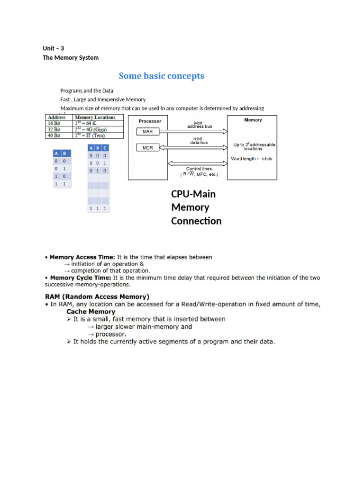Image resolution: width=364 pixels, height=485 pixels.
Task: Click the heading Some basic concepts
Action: click(x=161, y=76)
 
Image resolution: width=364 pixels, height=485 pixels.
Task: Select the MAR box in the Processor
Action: click(x=148, y=131)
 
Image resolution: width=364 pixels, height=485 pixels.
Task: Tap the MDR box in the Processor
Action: click(x=148, y=148)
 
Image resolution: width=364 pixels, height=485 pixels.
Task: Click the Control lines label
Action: click(x=199, y=169)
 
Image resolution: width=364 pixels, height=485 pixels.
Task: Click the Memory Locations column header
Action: click(x=95, y=117)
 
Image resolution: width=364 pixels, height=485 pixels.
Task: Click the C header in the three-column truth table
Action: click(x=105, y=148)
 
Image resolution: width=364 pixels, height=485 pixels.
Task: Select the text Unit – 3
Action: click(x=53, y=48)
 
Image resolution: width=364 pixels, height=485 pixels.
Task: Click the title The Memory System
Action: click(x=71, y=58)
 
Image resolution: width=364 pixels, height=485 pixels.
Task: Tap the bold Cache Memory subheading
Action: click(x=91, y=312)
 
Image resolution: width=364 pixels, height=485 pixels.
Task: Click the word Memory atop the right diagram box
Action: click(x=253, y=120)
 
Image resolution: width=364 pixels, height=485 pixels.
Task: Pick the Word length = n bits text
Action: click(x=251, y=159)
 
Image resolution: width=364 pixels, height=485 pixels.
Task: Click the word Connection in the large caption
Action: click(x=196, y=221)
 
